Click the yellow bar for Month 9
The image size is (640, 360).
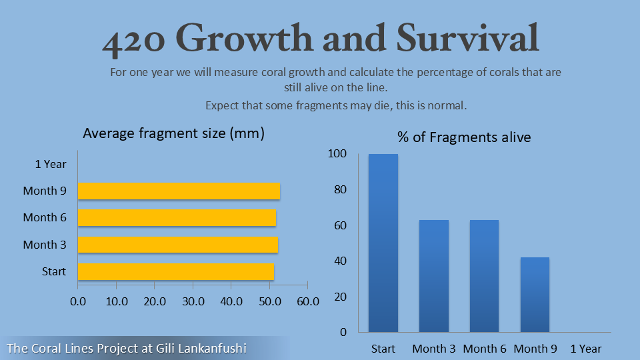(179, 191)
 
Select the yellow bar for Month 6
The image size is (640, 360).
(177, 217)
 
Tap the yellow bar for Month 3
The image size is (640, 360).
(178, 245)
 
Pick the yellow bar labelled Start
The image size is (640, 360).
(176, 271)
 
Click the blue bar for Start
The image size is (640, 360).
(383, 243)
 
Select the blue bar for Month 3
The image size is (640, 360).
(434, 276)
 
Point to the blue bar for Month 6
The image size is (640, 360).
(485, 276)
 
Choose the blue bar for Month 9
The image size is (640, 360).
(535, 294)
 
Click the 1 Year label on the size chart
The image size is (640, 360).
(51, 164)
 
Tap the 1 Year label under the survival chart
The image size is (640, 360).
(586, 349)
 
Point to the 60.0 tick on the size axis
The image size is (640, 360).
(308, 301)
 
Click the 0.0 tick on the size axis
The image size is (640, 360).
(78, 301)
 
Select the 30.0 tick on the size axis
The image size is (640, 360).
(193, 301)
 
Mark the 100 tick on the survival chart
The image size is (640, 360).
(337, 154)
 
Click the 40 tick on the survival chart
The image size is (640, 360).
(340, 261)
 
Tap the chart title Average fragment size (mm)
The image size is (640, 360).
(174, 133)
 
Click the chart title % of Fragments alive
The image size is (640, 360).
(464, 137)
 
